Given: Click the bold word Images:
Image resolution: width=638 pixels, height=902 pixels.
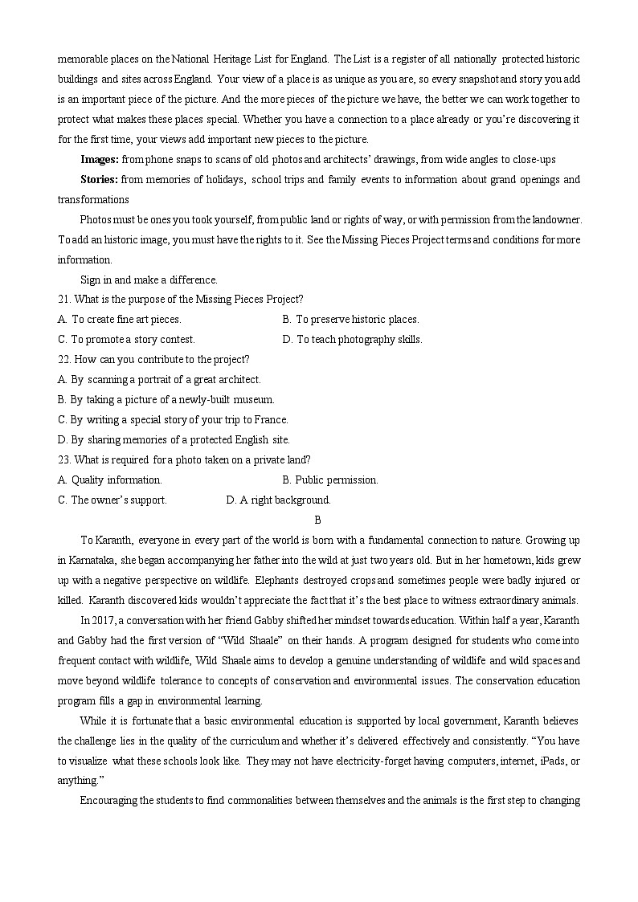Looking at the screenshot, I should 100,160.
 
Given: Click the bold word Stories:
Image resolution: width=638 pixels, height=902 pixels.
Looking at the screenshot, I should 100,180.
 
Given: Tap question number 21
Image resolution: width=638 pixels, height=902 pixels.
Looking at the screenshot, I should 64,300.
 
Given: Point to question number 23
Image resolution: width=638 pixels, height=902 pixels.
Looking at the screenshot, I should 64,460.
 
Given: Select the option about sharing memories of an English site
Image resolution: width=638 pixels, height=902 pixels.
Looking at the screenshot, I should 174,440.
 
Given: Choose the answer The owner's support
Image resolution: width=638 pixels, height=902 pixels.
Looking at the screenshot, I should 112,500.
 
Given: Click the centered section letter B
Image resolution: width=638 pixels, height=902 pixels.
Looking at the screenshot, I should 318,520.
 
